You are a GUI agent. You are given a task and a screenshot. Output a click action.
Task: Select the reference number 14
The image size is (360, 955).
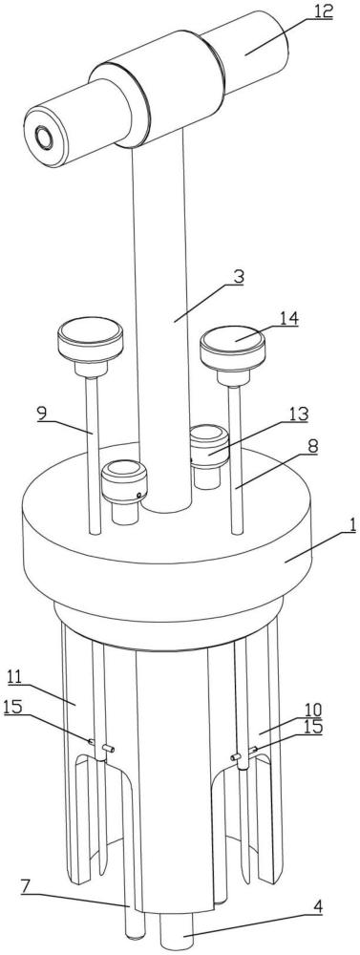(x=288, y=319)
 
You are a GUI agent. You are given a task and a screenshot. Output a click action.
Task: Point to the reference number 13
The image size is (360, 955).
(x=299, y=414)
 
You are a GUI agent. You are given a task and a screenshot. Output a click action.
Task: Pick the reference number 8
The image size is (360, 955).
(x=312, y=445)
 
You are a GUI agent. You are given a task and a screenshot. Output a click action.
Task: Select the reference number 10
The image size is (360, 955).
(x=314, y=710)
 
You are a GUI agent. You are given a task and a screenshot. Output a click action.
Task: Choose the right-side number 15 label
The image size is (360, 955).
(x=313, y=727)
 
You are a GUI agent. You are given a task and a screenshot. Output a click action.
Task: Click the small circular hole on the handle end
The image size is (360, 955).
(x=45, y=138)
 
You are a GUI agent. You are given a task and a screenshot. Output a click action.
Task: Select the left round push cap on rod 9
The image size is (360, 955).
(x=90, y=346)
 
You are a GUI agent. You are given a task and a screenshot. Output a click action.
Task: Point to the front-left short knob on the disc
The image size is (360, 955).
(x=124, y=491)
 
